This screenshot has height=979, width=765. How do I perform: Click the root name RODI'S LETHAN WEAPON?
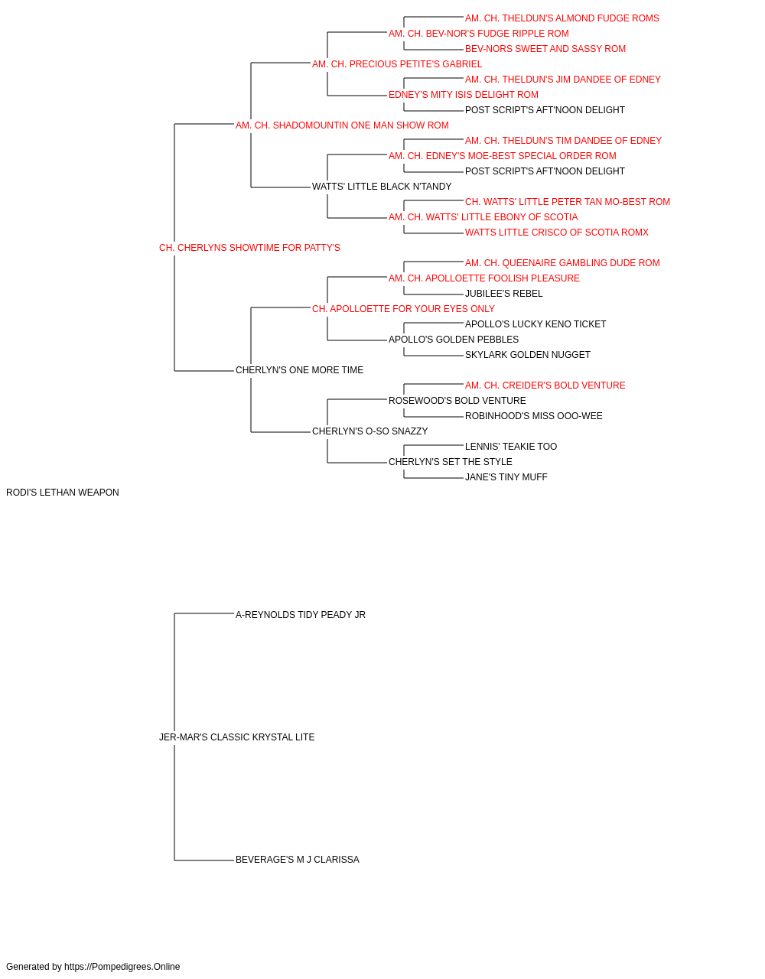[63, 493]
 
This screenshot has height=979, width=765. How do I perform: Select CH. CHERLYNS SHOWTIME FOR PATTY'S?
[249, 248]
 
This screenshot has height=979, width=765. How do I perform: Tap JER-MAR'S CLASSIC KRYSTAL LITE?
[237, 737]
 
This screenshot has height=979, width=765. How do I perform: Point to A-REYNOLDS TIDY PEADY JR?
[301, 614]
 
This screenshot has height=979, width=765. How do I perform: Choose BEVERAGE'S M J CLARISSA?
[298, 859]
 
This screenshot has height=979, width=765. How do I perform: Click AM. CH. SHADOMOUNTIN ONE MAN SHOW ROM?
[343, 125]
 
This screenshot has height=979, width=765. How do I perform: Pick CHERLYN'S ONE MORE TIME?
[300, 370]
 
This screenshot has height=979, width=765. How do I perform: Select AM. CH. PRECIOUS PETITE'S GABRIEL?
[397, 64]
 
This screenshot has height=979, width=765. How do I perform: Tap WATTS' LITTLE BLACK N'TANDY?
[382, 187]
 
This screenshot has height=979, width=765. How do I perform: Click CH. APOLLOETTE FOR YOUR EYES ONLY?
[403, 308]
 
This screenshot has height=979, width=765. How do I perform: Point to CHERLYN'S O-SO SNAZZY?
[370, 431]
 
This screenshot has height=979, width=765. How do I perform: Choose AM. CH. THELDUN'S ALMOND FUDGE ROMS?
[562, 18]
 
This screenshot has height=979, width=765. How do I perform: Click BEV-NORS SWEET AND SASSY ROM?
[545, 49]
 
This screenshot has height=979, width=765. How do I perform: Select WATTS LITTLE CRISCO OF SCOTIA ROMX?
[557, 233]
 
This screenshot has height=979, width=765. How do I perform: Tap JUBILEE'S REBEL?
[503, 293]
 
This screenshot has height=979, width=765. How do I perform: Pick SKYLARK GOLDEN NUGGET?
[528, 355]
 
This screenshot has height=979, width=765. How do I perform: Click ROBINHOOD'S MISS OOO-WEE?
[533, 416]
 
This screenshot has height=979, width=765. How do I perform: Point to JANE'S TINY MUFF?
[506, 477]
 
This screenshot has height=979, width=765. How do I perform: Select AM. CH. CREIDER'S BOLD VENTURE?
[545, 385]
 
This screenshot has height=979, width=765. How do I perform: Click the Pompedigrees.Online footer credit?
[93, 967]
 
